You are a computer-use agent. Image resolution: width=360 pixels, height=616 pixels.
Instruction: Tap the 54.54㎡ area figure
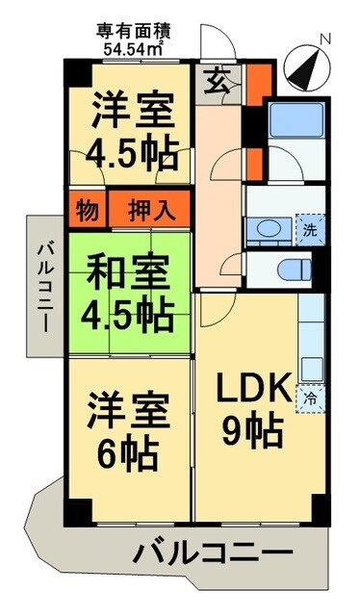(133, 45)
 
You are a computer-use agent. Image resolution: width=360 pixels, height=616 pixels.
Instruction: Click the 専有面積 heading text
(132, 29)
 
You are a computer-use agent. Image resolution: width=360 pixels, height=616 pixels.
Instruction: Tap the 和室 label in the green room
(129, 268)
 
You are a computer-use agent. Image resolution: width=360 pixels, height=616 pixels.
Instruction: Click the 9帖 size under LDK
(252, 430)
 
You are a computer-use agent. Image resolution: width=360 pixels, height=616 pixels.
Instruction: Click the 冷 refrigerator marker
(310, 395)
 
